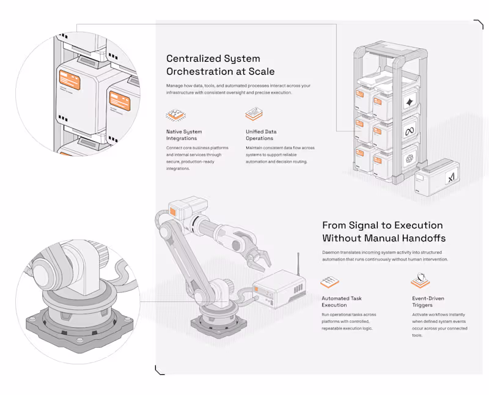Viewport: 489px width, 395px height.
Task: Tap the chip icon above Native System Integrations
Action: [x=174, y=115]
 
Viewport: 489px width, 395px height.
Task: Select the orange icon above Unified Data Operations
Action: [x=253, y=114]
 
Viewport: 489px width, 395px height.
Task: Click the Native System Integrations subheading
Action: [x=183, y=135]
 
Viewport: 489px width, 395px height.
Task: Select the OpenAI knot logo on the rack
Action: [x=410, y=158]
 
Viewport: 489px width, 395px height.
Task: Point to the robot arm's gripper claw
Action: [x=258, y=259]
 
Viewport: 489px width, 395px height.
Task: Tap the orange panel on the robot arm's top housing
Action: [x=173, y=211]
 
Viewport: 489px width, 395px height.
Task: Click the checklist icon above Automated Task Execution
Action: [x=329, y=282]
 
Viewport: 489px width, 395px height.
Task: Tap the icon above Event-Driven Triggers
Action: [x=419, y=282]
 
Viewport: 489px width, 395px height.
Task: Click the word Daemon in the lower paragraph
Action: [x=333, y=252]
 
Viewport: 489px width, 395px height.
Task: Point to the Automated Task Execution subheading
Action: [x=342, y=301]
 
